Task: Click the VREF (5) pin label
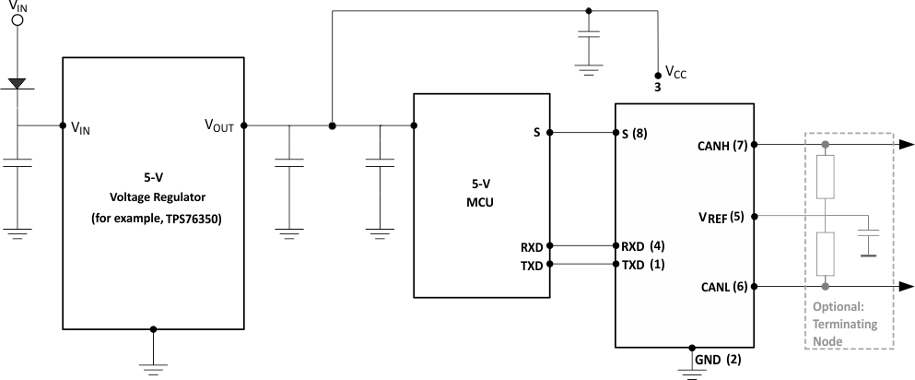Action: coord(724,218)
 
